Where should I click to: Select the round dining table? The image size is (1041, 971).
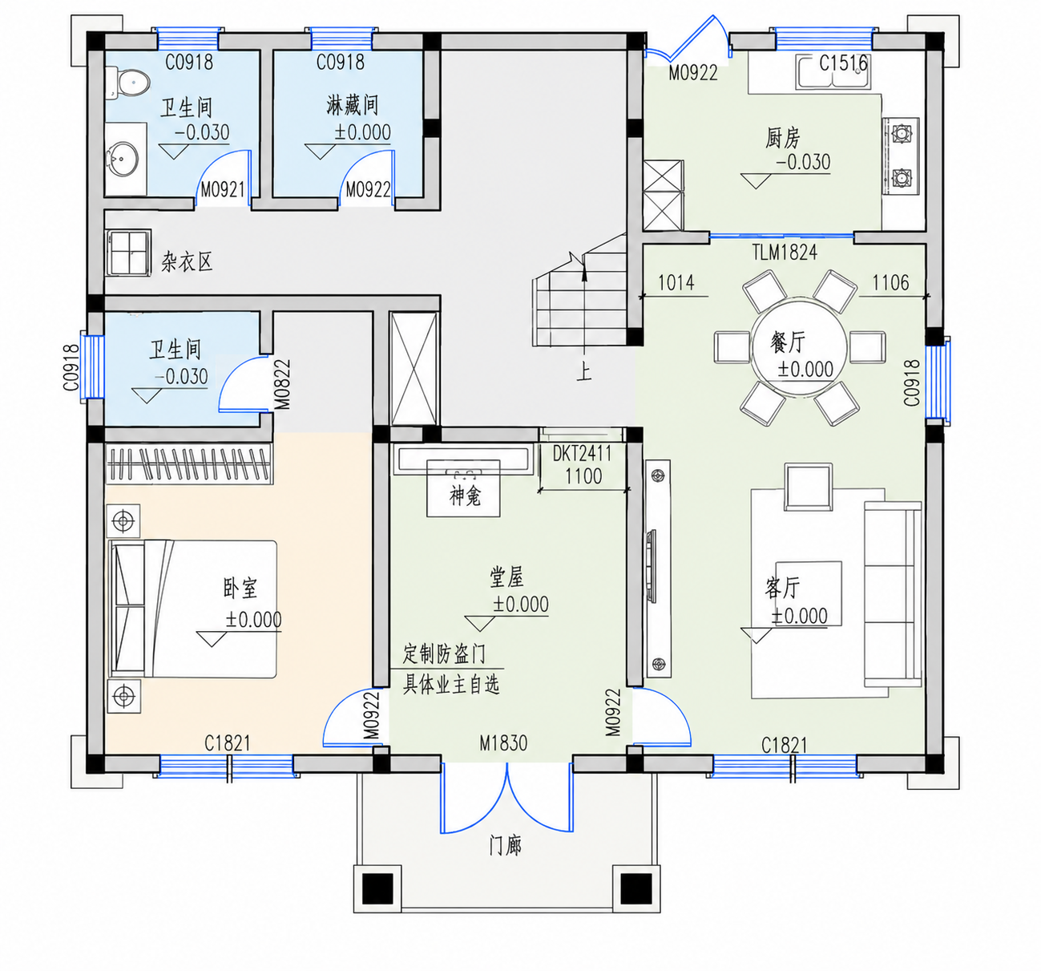(x=799, y=348)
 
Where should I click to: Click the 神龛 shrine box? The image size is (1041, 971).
(x=463, y=488)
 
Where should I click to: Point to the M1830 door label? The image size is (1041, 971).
(x=503, y=742)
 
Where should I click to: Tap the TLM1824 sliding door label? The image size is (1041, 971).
(x=785, y=253)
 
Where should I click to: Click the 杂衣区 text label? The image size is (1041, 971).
(x=188, y=261)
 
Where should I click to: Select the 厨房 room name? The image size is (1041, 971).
(x=783, y=139)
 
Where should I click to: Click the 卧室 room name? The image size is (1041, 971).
(x=240, y=589)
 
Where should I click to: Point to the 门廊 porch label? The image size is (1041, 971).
(x=506, y=845)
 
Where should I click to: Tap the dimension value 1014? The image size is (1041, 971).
(x=676, y=283)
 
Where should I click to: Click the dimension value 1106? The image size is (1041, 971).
(x=890, y=283)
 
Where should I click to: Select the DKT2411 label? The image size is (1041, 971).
(x=582, y=454)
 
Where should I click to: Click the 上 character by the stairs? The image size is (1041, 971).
(x=584, y=371)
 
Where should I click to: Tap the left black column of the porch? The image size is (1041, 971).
(x=377, y=889)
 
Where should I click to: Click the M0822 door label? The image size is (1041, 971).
(x=282, y=384)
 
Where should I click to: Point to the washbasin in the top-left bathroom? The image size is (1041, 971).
(x=123, y=157)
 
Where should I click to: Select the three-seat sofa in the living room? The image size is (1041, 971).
(x=893, y=594)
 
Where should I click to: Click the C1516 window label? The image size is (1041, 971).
(x=843, y=63)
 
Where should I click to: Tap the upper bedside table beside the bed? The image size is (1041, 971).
(x=123, y=521)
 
